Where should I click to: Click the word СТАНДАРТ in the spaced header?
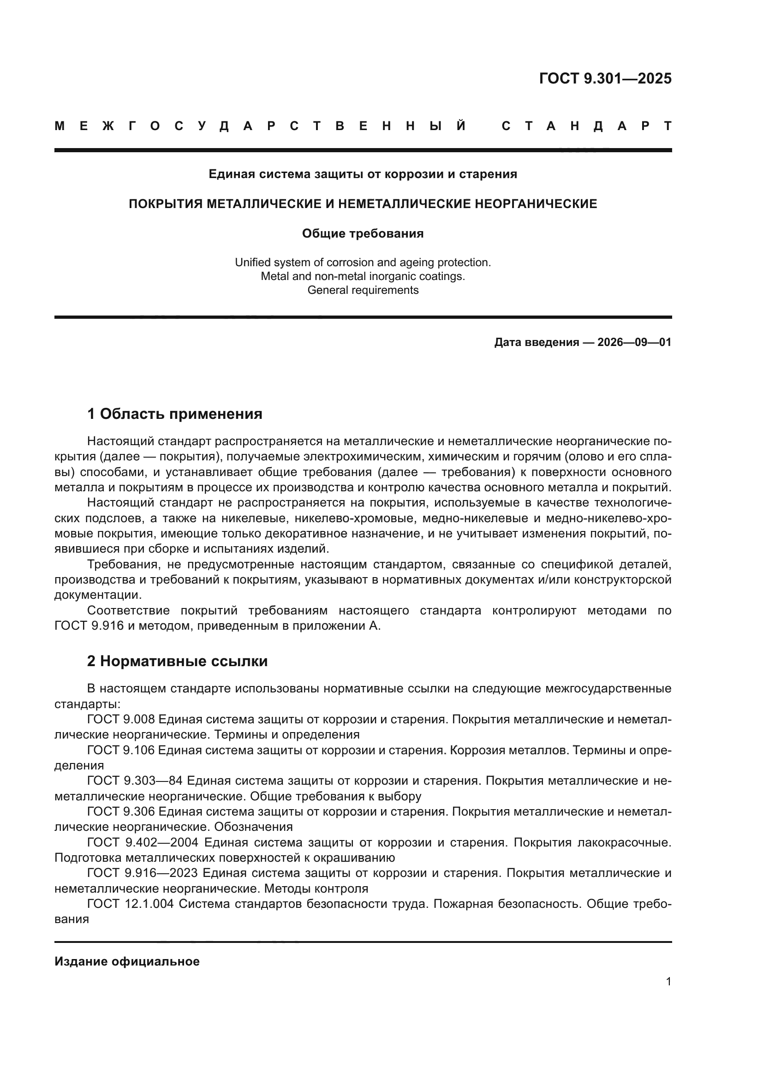click(587, 126)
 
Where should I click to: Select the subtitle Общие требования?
click(363, 233)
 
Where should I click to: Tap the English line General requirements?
click(363, 290)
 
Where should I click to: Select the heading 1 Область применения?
click(175, 414)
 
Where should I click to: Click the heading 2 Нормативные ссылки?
click(178, 661)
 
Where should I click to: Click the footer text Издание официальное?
click(127, 961)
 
